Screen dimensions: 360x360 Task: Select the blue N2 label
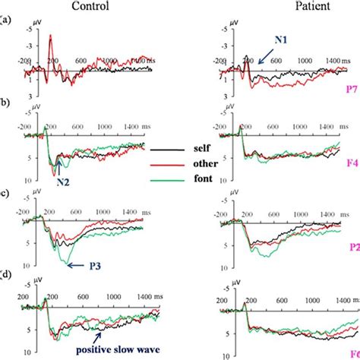coord(62,182)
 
